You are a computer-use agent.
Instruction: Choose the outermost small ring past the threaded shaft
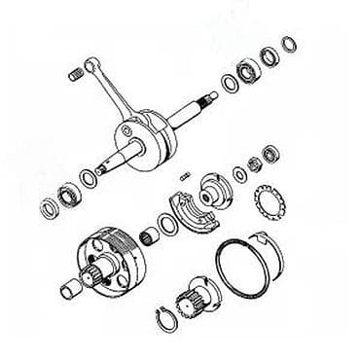pyautogui.click(x=289, y=44)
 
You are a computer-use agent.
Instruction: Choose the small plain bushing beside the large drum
pyautogui.click(x=72, y=287)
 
